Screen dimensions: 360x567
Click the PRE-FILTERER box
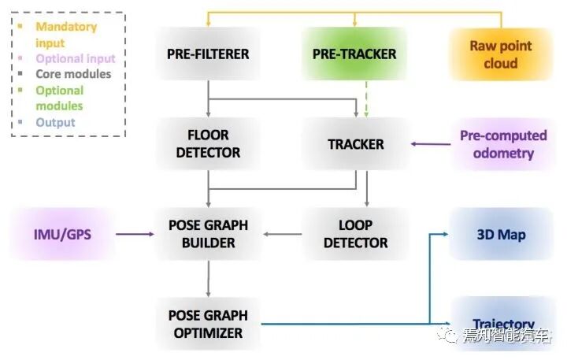tap(208, 54)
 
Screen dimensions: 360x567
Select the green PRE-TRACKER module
tap(354, 54)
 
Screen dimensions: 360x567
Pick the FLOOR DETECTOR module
tap(208, 144)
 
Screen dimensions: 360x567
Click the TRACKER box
tap(355, 144)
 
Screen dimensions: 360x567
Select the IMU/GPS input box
tap(61, 234)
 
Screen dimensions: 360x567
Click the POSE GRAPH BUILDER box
tap(208, 234)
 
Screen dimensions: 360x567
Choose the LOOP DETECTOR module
tap(355, 234)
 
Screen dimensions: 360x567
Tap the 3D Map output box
tap(501, 234)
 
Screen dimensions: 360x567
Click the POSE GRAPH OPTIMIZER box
tap(208, 323)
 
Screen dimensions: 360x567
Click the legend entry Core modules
tap(73, 74)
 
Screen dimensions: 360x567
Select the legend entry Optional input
tap(75, 58)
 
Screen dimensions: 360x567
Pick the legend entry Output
tap(55, 122)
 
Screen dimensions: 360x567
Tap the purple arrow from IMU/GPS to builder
tap(134, 234)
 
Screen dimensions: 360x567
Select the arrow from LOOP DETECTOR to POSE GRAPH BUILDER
tap(283, 234)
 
